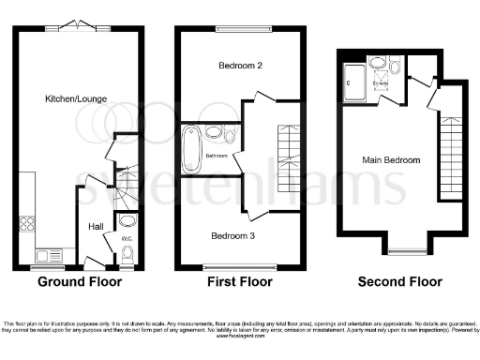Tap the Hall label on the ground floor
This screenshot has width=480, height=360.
click(x=96, y=226)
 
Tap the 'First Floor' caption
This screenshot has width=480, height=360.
click(x=240, y=281)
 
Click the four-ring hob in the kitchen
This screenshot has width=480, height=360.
click(x=26, y=224)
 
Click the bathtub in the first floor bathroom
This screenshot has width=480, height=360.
click(x=191, y=150)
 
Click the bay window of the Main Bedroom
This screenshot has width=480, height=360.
click(x=405, y=249)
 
